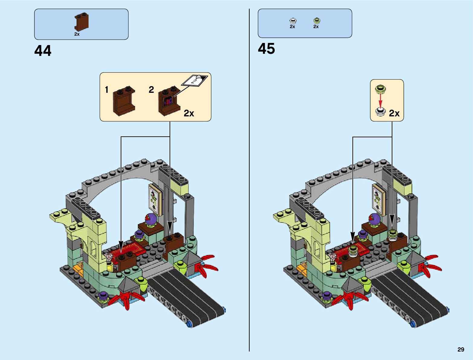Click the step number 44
(43, 51)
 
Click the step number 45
(266, 49)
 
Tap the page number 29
(461, 349)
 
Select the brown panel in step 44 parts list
(82, 22)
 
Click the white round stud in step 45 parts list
(293, 21)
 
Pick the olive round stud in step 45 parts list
(316, 21)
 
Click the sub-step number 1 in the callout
(106, 89)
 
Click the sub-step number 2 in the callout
(151, 89)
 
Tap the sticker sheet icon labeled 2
(194, 80)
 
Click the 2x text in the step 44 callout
(189, 113)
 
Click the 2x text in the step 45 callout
(394, 113)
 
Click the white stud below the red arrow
(380, 112)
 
